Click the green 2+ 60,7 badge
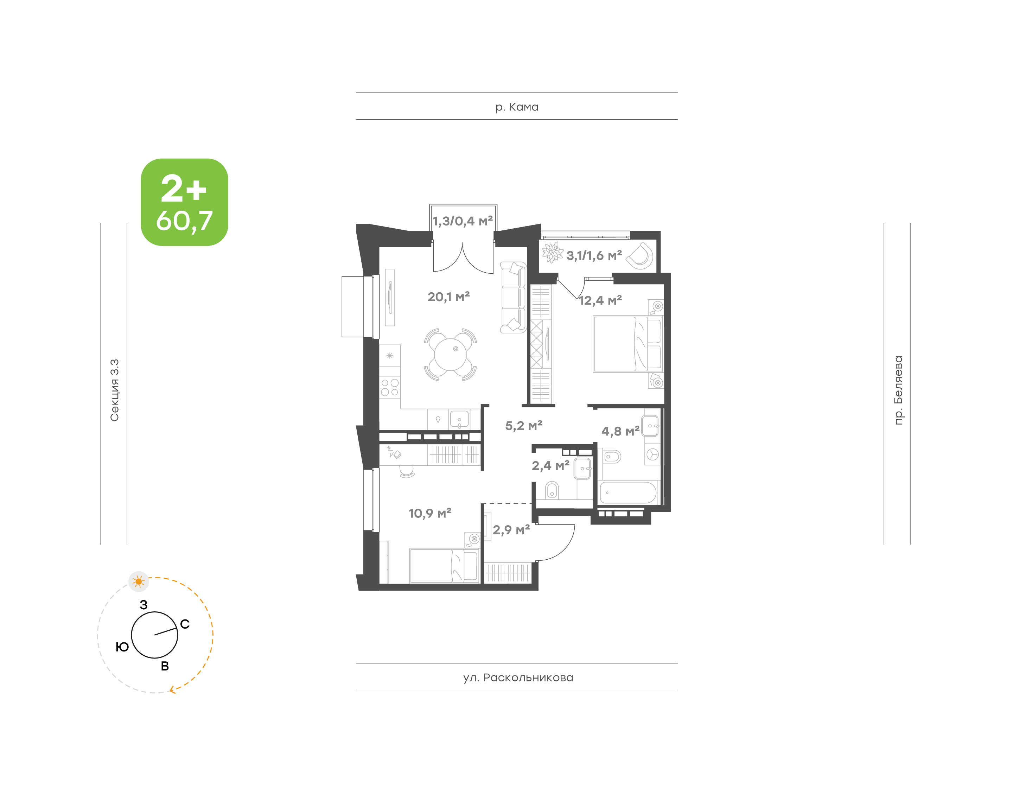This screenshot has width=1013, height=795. click(184, 202)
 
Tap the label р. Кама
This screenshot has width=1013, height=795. click(516, 107)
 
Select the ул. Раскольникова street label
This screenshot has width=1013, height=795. click(518, 677)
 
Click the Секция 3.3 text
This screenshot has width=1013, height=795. click(114, 390)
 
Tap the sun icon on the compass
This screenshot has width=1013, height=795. click(139, 581)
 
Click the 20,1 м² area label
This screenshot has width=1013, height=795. click(448, 297)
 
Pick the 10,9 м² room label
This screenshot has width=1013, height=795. click(430, 513)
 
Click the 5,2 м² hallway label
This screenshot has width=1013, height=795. click(523, 425)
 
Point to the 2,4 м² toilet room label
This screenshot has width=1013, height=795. click(550, 465)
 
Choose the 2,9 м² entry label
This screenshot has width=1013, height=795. click(511, 530)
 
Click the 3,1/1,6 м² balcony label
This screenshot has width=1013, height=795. click(594, 255)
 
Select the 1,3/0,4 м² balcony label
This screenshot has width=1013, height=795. click(463, 221)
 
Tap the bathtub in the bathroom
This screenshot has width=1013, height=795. click(628, 492)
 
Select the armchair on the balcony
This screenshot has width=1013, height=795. click(640, 255)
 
